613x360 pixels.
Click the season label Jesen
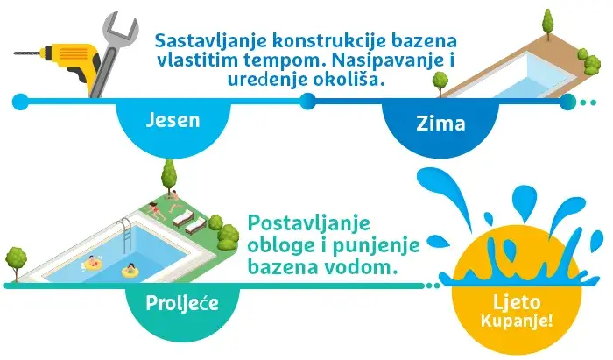click(x=173, y=120)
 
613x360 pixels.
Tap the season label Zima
click(x=440, y=124)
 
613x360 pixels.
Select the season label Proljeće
click(x=182, y=303)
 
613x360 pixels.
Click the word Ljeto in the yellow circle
click(x=517, y=302)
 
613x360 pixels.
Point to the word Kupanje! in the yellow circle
click(x=517, y=321)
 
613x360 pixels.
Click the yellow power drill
click(x=58, y=62)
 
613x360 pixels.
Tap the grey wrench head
click(x=120, y=28)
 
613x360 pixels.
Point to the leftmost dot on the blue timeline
click(x=20, y=102)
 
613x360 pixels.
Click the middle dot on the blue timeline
click(x=307, y=102)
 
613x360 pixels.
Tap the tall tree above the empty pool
click(x=548, y=24)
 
